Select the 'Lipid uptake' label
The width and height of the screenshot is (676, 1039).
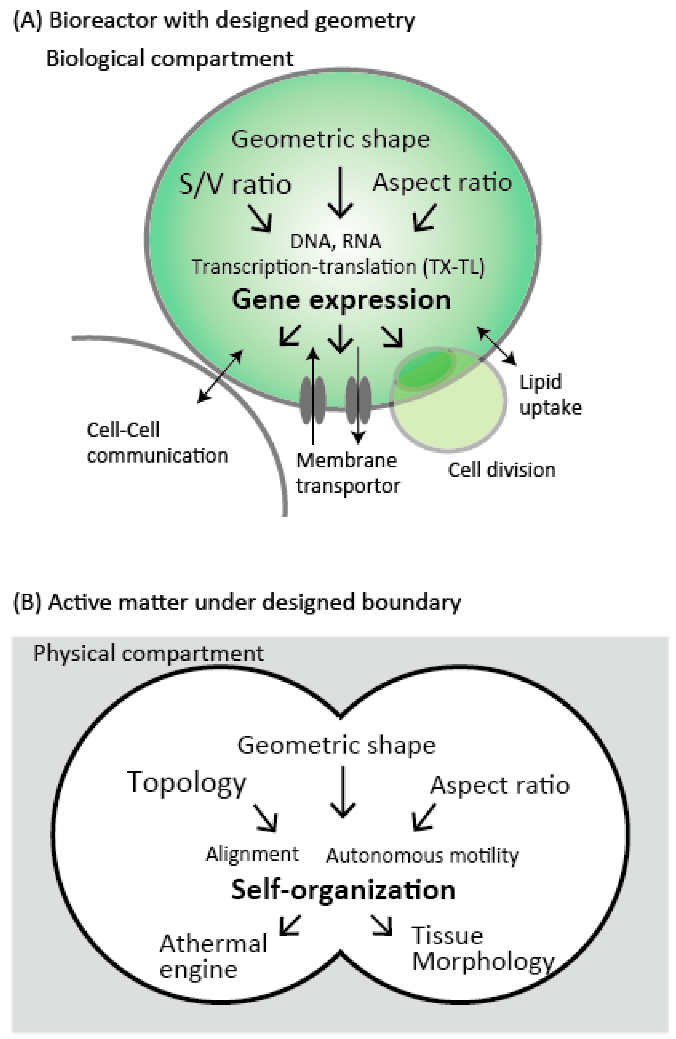tap(550, 395)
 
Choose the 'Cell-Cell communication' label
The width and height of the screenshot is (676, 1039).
tap(157, 443)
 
